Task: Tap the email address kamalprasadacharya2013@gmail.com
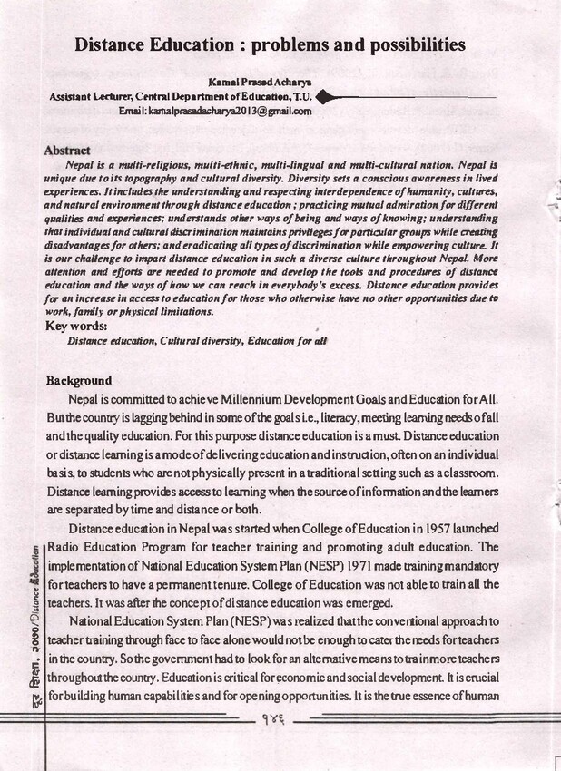[215, 111]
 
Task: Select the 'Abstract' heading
[67, 151]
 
